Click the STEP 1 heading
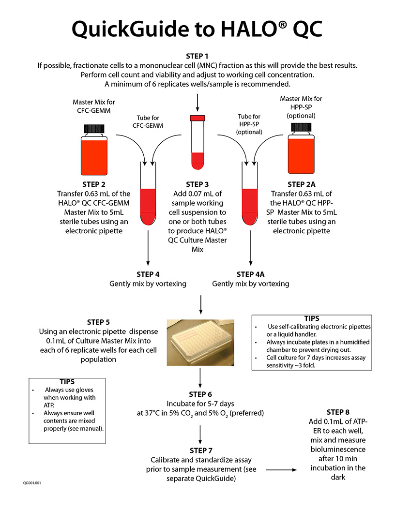197,56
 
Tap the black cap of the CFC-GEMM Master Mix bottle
94,128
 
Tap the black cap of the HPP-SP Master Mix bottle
301,127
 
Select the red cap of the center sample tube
197,118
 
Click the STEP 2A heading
302,184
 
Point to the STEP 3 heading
197,184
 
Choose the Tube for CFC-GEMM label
148,121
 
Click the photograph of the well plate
200,343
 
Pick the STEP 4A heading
251,274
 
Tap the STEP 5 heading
98,322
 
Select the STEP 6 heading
200,394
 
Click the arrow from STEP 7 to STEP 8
281,470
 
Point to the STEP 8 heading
338,412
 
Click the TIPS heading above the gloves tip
67,382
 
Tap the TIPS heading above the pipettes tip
312,318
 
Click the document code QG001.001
32,483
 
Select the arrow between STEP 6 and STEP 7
200,435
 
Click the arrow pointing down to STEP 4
148,248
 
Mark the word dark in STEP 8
338,478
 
